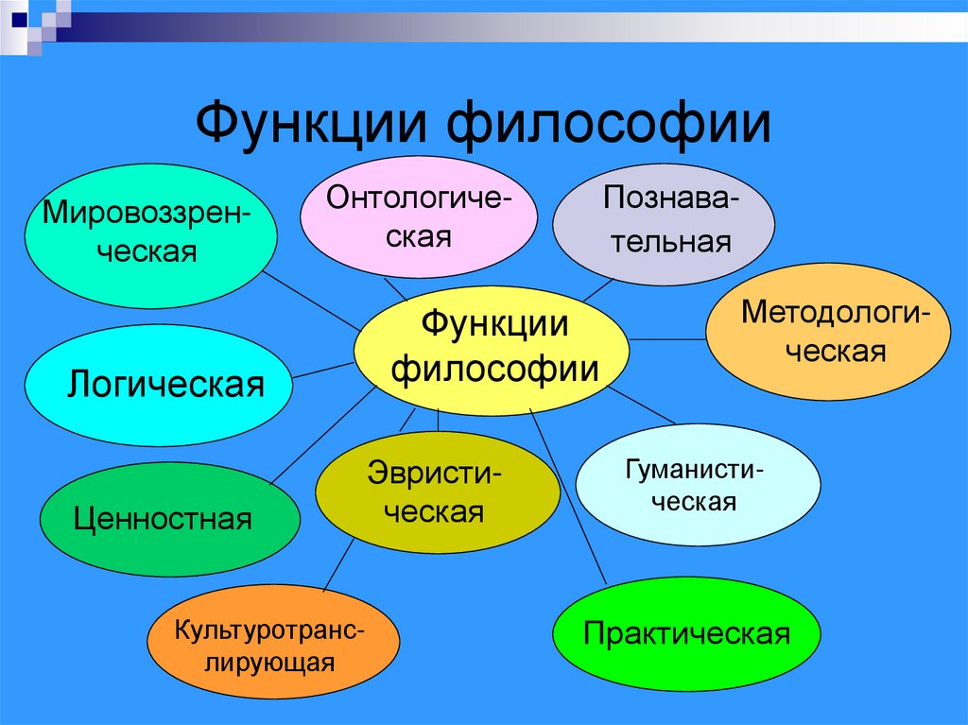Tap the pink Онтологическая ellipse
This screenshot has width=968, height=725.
coord(419,216)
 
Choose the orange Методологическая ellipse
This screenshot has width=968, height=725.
coord(827,331)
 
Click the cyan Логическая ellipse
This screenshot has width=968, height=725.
coord(156,385)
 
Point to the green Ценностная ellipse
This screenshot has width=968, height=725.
coord(169,519)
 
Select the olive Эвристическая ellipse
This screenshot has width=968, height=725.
coord(437,492)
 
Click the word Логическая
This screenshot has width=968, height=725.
coord(166,385)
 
